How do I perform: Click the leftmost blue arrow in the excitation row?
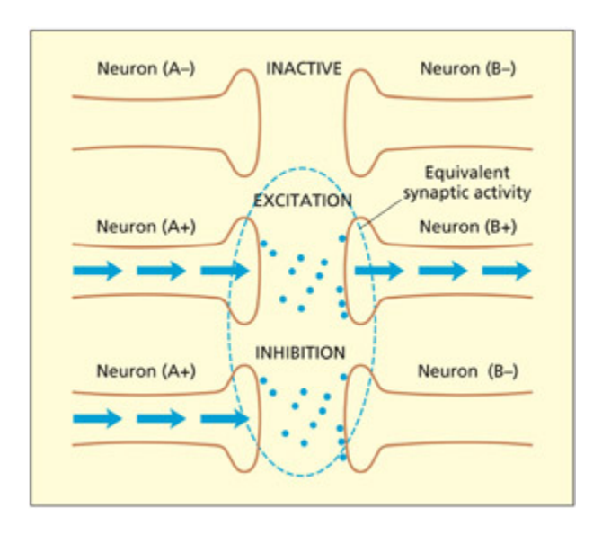97,271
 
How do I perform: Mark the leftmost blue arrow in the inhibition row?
97,417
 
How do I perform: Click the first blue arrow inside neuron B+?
378,271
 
